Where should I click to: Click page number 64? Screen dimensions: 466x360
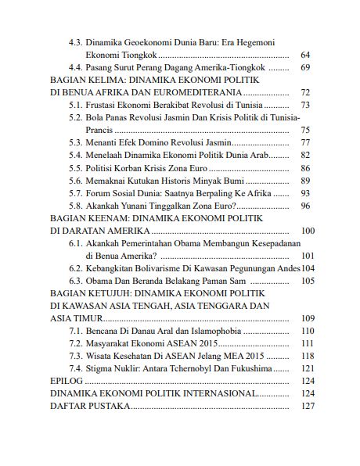305,55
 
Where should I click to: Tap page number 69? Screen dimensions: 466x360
305,68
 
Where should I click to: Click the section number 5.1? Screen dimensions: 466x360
77,105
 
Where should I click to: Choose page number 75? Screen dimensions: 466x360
305,130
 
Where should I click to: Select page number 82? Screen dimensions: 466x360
305,155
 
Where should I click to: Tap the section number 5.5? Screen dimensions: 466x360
77,167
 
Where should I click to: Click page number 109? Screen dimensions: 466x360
308,318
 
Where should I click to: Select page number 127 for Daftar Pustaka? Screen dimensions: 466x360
308,407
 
